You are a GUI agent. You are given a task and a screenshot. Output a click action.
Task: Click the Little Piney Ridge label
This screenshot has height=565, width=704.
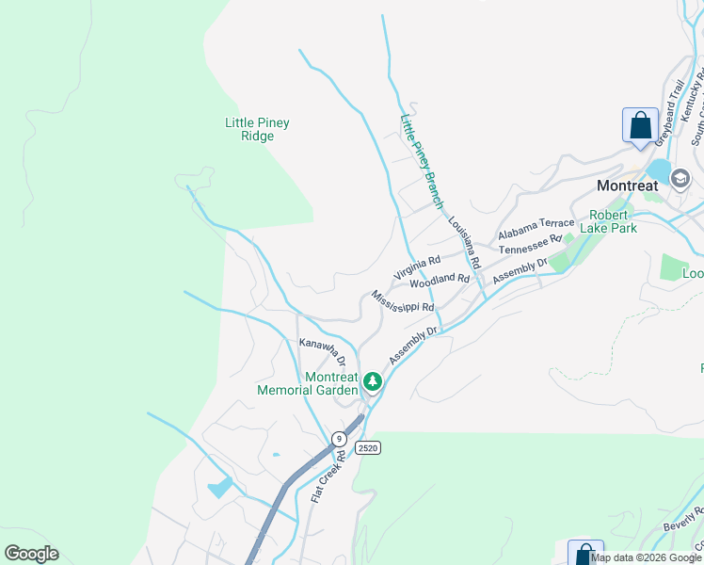click(257, 129)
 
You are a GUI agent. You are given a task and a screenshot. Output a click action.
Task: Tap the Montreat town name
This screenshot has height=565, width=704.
click(628, 186)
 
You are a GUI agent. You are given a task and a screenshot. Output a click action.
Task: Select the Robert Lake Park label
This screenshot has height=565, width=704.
click(613, 221)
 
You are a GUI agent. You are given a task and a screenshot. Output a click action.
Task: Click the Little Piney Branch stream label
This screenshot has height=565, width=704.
click(422, 161)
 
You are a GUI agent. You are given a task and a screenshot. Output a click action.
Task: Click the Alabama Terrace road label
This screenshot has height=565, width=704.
click(536, 229)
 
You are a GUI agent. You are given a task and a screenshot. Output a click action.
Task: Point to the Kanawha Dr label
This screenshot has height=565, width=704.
click(323, 350)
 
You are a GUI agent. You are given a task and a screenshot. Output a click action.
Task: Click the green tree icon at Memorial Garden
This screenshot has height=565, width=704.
click(373, 381)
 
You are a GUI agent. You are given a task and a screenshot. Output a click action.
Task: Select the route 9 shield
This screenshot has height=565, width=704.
click(338, 438)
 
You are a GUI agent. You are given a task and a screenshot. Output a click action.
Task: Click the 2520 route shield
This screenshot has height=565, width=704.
click(368, 448)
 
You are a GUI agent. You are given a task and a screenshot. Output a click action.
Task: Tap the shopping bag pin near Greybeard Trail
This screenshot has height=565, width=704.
click(640, 126)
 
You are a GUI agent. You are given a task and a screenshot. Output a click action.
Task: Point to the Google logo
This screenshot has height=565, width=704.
click(31, 553)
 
